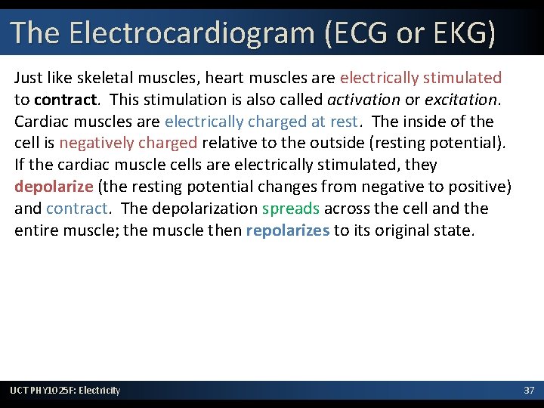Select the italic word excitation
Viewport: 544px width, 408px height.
pos(461,99)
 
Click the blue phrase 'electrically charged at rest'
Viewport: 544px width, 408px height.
pos(261,121)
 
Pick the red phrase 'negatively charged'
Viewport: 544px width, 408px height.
pos(128,143)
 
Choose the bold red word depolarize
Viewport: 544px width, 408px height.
pos(54,187)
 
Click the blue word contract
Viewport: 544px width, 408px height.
pos(78,209)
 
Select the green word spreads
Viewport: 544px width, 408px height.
pos(291,209)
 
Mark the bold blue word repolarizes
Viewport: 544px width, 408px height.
pos(287,230)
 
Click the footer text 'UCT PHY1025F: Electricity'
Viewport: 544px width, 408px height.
pos(65,390)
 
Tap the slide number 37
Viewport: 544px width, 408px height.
pos(529,390)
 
